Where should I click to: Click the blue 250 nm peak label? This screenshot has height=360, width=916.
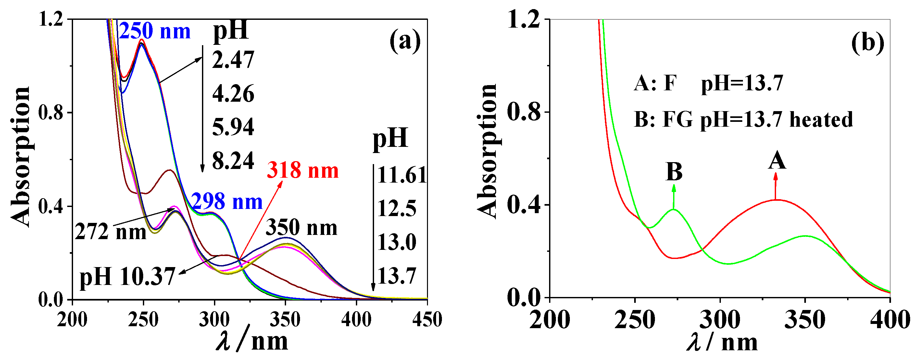(x=155, y=31)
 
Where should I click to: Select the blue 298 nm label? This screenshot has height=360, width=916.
(x=227, y=202)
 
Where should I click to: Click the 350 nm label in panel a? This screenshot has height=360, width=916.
(x=302, y=227)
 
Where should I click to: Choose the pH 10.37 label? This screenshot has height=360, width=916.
(x=127, y=276)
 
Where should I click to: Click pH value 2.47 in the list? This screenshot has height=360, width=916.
(x=233, y=60)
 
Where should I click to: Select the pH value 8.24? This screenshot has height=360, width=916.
(x=233, y=161)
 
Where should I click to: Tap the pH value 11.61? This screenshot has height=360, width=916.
(x=401, y=175)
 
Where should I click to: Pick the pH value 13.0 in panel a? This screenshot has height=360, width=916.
(x=396, y=243)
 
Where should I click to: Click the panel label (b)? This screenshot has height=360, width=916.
(x=868, y=44)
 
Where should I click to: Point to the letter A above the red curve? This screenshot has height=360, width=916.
(x=777, y=161)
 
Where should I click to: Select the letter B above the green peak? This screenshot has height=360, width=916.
(x=674, y=172)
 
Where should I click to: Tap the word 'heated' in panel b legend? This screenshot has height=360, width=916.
(x=821, y=120)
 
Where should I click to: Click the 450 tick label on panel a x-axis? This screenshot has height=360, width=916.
(x=427, y=319)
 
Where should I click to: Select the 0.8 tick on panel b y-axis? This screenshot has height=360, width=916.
(x=524, y=112)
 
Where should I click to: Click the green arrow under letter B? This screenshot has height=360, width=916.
(x=673, y=197)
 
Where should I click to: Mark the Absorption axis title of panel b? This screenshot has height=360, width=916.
(x=487, y=151)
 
